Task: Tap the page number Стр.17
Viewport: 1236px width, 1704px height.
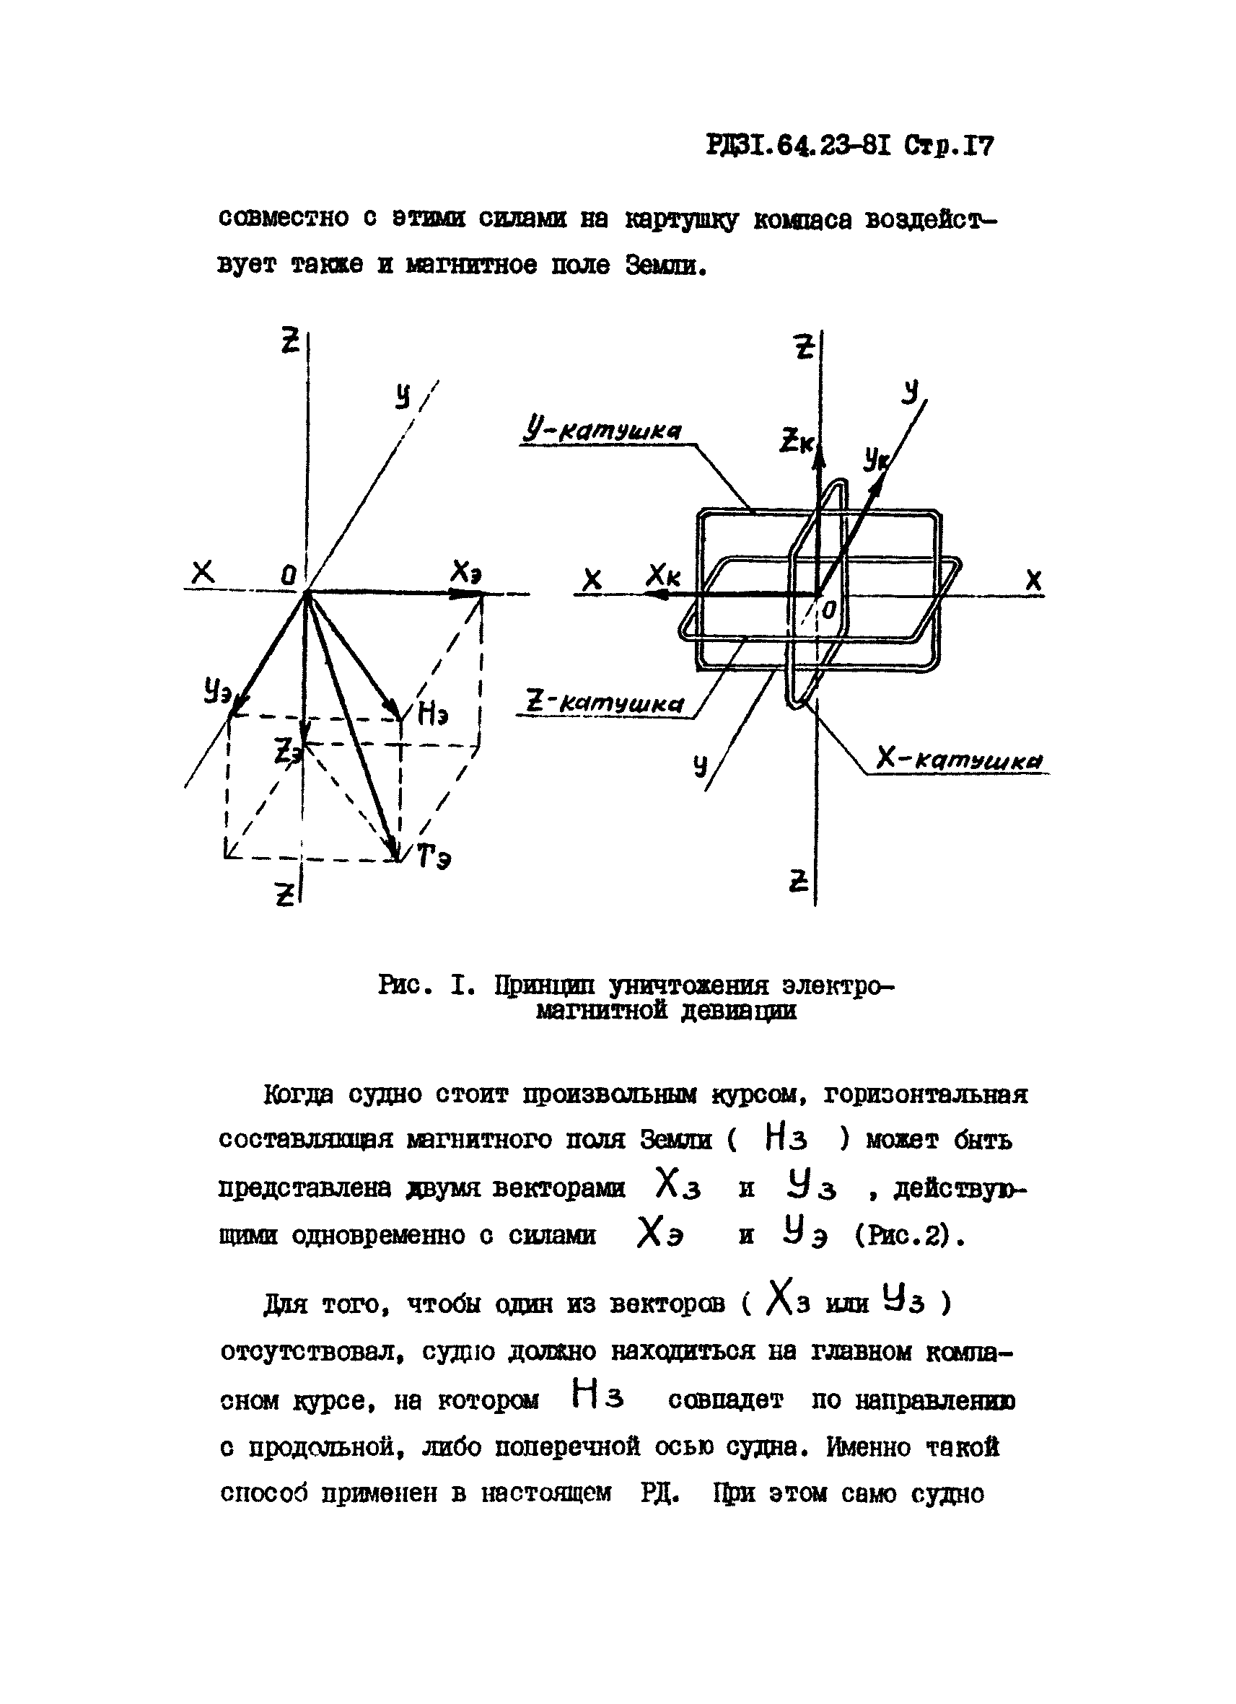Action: pyautogui.click(x=948, y=144)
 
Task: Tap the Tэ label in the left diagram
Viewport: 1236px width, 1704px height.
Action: pyautogui.click(x=434, y=856)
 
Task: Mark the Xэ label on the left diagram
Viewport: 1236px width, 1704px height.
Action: pyautogui.click(x=465, y=574)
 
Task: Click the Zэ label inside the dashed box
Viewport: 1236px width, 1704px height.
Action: pyautogui.click(x=286, y=750)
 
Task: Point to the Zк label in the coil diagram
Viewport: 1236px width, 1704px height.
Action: pyautogui.click(x=796, y=440)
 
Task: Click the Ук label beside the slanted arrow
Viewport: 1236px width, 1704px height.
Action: pyautogui.click(x=873, y=457)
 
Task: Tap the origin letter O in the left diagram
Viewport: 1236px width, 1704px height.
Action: pyautogui.click(x=288, y=576)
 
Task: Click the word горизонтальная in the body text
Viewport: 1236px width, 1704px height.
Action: pyautogui.click(x=925, y=1094)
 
